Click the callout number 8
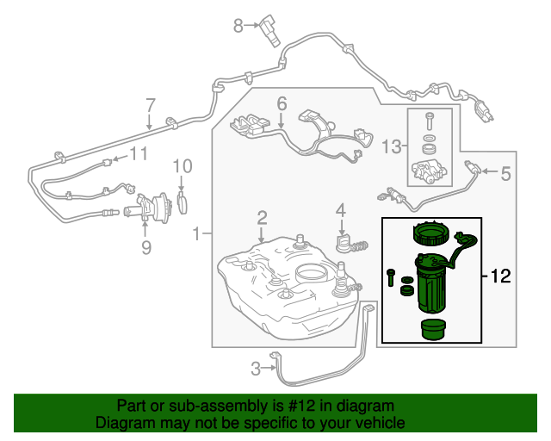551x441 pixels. click(x=238, y=27)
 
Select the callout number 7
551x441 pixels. click(x=150, y=106)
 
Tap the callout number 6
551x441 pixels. click(x=281, y=105)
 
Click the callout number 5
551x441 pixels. click(x=505, y=174)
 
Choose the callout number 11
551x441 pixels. click(x=138, y=154)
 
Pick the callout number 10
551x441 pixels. click(x=182, y=166)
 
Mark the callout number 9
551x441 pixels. click(x=145, y=247)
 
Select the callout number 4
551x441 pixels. click(x=341, y=209)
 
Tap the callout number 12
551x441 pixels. click(x=501, y=276)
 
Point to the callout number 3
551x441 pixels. click(x=256, y=370)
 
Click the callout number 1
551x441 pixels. click(x=198, y=233)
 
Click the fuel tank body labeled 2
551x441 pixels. click(x=284, y=284)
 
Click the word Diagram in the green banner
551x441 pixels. click(x=120, y=424)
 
